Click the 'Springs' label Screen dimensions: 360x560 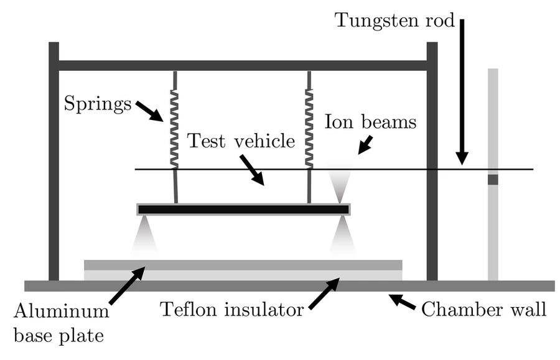[98, 103]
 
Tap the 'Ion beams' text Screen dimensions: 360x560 [370, 122]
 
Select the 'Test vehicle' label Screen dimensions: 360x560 [241, 141]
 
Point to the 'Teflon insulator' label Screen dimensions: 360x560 [231, 309]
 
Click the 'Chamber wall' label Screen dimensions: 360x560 [484, 309]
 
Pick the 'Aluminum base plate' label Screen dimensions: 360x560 [60, 320]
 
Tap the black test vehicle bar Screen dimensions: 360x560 [243, 209]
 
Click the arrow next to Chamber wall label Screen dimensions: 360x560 [403, 302]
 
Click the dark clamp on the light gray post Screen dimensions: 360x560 [493, 180]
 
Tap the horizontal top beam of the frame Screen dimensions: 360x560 [243, 65]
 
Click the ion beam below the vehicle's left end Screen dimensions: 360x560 [144, 235]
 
